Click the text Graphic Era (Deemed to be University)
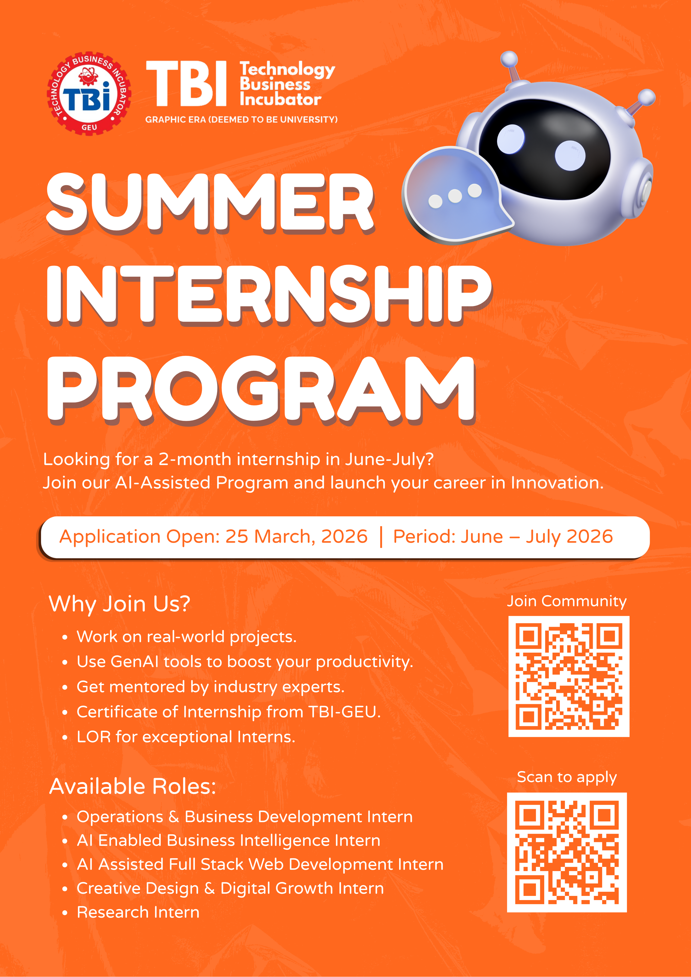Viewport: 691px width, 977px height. [241, 120]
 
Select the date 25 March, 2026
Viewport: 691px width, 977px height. [296, 537]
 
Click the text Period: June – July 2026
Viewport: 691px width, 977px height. [502, 537]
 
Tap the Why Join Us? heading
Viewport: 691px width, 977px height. [120, 604]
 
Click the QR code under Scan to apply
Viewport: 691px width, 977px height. [567, 852]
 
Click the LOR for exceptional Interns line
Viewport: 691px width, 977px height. [186, 737]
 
